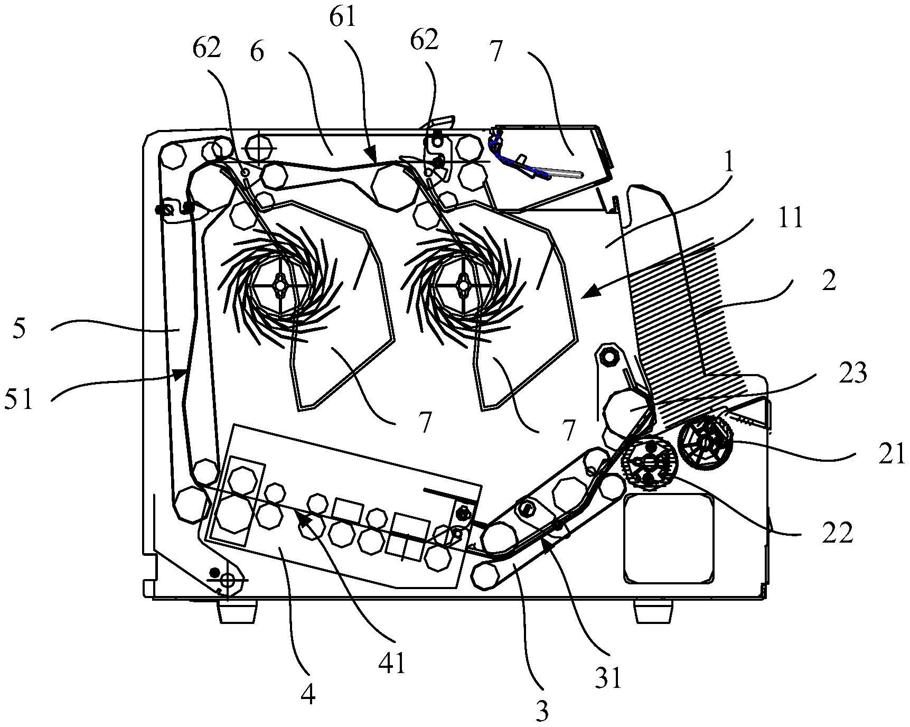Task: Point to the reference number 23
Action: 853,374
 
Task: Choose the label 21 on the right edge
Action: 892,454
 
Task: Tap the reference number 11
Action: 789,218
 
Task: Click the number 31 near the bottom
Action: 609,678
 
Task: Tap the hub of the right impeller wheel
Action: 464,285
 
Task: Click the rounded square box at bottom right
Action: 669,539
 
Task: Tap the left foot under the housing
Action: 236,610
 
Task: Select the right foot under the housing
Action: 653,610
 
